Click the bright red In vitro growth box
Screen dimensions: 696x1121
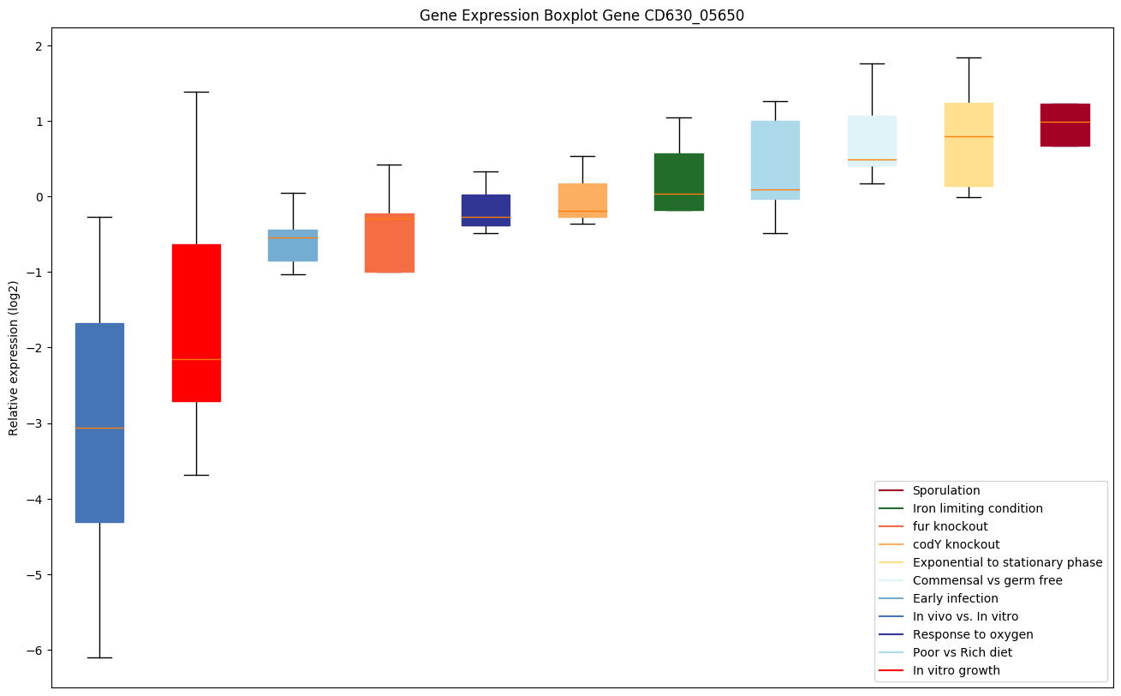196,322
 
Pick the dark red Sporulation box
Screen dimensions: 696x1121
1065,125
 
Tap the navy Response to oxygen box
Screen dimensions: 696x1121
486,210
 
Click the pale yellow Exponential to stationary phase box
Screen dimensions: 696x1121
969,144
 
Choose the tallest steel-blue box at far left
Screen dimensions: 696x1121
99,423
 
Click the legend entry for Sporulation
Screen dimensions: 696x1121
945,490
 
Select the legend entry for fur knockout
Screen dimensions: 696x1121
950,526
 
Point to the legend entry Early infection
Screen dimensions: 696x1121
955,598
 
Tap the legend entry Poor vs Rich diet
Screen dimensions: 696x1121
962,652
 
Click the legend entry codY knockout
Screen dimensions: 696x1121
956,544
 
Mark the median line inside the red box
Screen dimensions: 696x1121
196,359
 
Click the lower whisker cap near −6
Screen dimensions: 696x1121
99,657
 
